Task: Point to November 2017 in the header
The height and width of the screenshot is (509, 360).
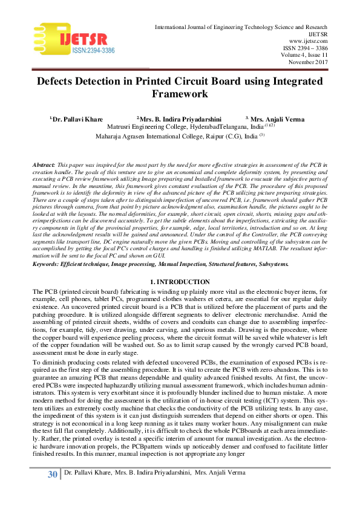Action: pyautogui.click(x=307, y=61)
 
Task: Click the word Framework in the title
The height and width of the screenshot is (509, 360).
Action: pyautogui.click(x=180, y=94)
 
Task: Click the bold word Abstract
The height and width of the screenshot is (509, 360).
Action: pyautogui.click(x=43, y=165)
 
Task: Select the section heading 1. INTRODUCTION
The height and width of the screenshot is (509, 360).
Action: pyautogui.click(x=180, y=282)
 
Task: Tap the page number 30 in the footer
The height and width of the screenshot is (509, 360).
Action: pyautogui.click(x=53, y=491)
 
